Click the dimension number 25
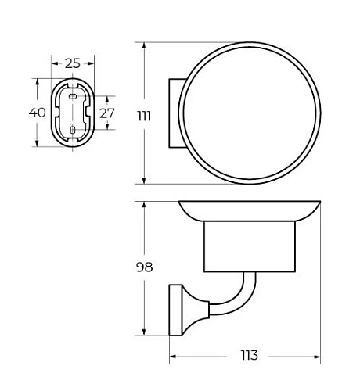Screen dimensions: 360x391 click(x=73, y=63)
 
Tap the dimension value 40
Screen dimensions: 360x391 click(x=37, y=113)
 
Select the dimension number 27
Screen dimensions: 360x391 click(x=107, y=113)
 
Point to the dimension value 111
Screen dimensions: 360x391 click(x=144, y=116)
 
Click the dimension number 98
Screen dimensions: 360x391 click(x=144, y=267)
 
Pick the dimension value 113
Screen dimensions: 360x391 click(x=249, y=355)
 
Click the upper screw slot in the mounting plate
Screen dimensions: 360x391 click(x=73, y=96)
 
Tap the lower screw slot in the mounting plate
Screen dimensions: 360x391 click(x=73, y=130)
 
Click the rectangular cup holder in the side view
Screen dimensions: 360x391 click(x=250, y=246)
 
